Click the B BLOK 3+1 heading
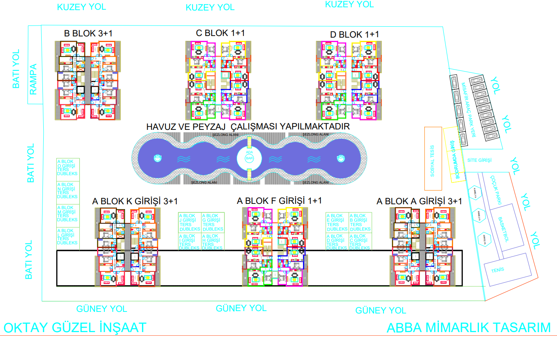click(x=88, y=34)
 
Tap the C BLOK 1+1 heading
click(x=220, y=33)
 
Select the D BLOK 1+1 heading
click(x=354, y=35)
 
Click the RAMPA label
click(x=33, y=79)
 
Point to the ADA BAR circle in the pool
click(x=249, y=158)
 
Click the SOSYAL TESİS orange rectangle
click(x=433, y=159)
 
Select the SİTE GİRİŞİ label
click(x=479, y=160)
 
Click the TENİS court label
click(x=498, y=270)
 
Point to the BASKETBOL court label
click(x=504, y=229)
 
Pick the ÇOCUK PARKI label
click(x=496, y=189)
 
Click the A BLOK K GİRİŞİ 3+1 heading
click(x=135, y=201)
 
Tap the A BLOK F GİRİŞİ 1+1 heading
click(x=279, y=201)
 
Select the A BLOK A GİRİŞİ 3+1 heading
click(x=419, y=201)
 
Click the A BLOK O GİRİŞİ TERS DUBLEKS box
click(x=68, y=167)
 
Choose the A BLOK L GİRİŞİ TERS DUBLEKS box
click(x=68, y=237)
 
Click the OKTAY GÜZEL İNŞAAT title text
click(x=75, y=328)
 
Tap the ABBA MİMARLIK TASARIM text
click(x=468, y=328)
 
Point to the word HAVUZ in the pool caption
click(x=161, y=127)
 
